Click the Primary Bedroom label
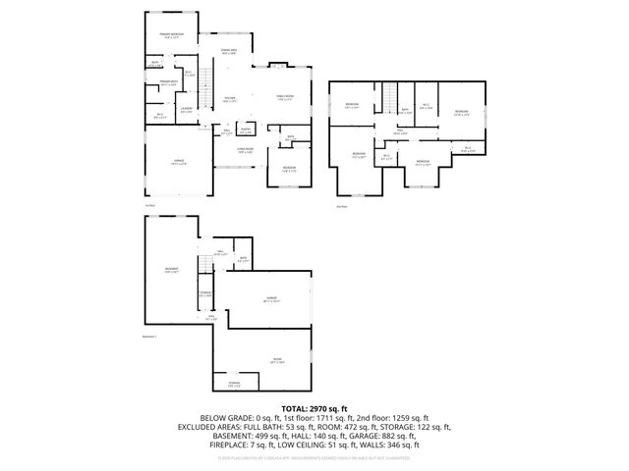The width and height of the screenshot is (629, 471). pyautogui.click(x=172, y=34)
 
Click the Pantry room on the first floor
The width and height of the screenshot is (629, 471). pyautogui.click(x=247, y=130)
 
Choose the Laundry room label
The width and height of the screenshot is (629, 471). pyautogui.click(x=186, y=110)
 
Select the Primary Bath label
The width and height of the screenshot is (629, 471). pyautogui.click(x=168, y=83)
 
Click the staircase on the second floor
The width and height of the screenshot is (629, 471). pyautogui.click(x=389, y=98)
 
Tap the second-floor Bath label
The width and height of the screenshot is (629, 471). pyautogui.click(x=403, y=111)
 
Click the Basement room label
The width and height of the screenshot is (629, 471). pyautogui.click(x=172, y=270)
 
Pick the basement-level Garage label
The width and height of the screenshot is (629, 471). pyautogui.click(x=269, y=299)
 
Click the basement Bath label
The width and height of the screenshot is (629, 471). pyautogui.click(x=243, y=258)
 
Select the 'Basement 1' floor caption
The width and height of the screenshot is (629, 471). pyautogui.click(x=150, y=337)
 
